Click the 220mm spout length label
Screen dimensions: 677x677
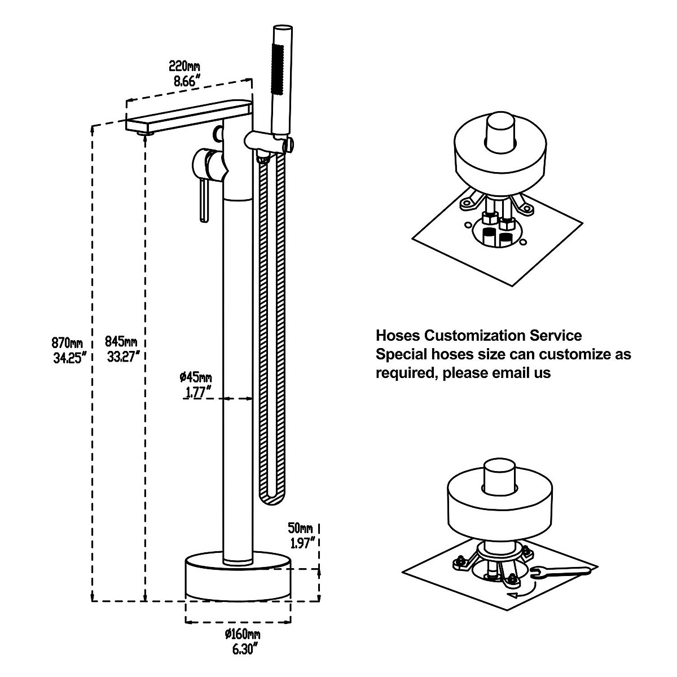click(184, 65)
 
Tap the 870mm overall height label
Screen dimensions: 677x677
click(68, 342)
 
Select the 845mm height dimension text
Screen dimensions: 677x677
click(121, 342)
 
